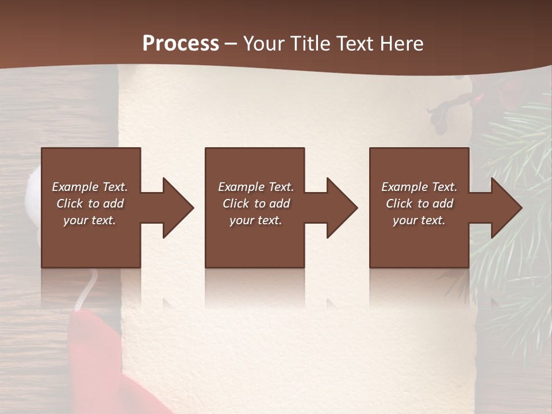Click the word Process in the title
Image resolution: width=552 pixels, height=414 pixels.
(181, 44)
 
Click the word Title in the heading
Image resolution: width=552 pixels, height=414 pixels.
(309, 44)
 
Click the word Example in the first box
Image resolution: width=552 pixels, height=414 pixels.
(75, 187)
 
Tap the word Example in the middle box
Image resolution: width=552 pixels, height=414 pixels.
(240, 187)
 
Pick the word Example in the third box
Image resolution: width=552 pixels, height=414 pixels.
(404, 187)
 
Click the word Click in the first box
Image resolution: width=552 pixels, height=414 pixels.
(70, 204)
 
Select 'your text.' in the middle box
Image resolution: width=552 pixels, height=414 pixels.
(255, 220)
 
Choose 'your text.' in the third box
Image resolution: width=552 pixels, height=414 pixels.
(419, 220)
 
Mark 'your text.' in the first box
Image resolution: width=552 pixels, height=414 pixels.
(89, 220)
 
